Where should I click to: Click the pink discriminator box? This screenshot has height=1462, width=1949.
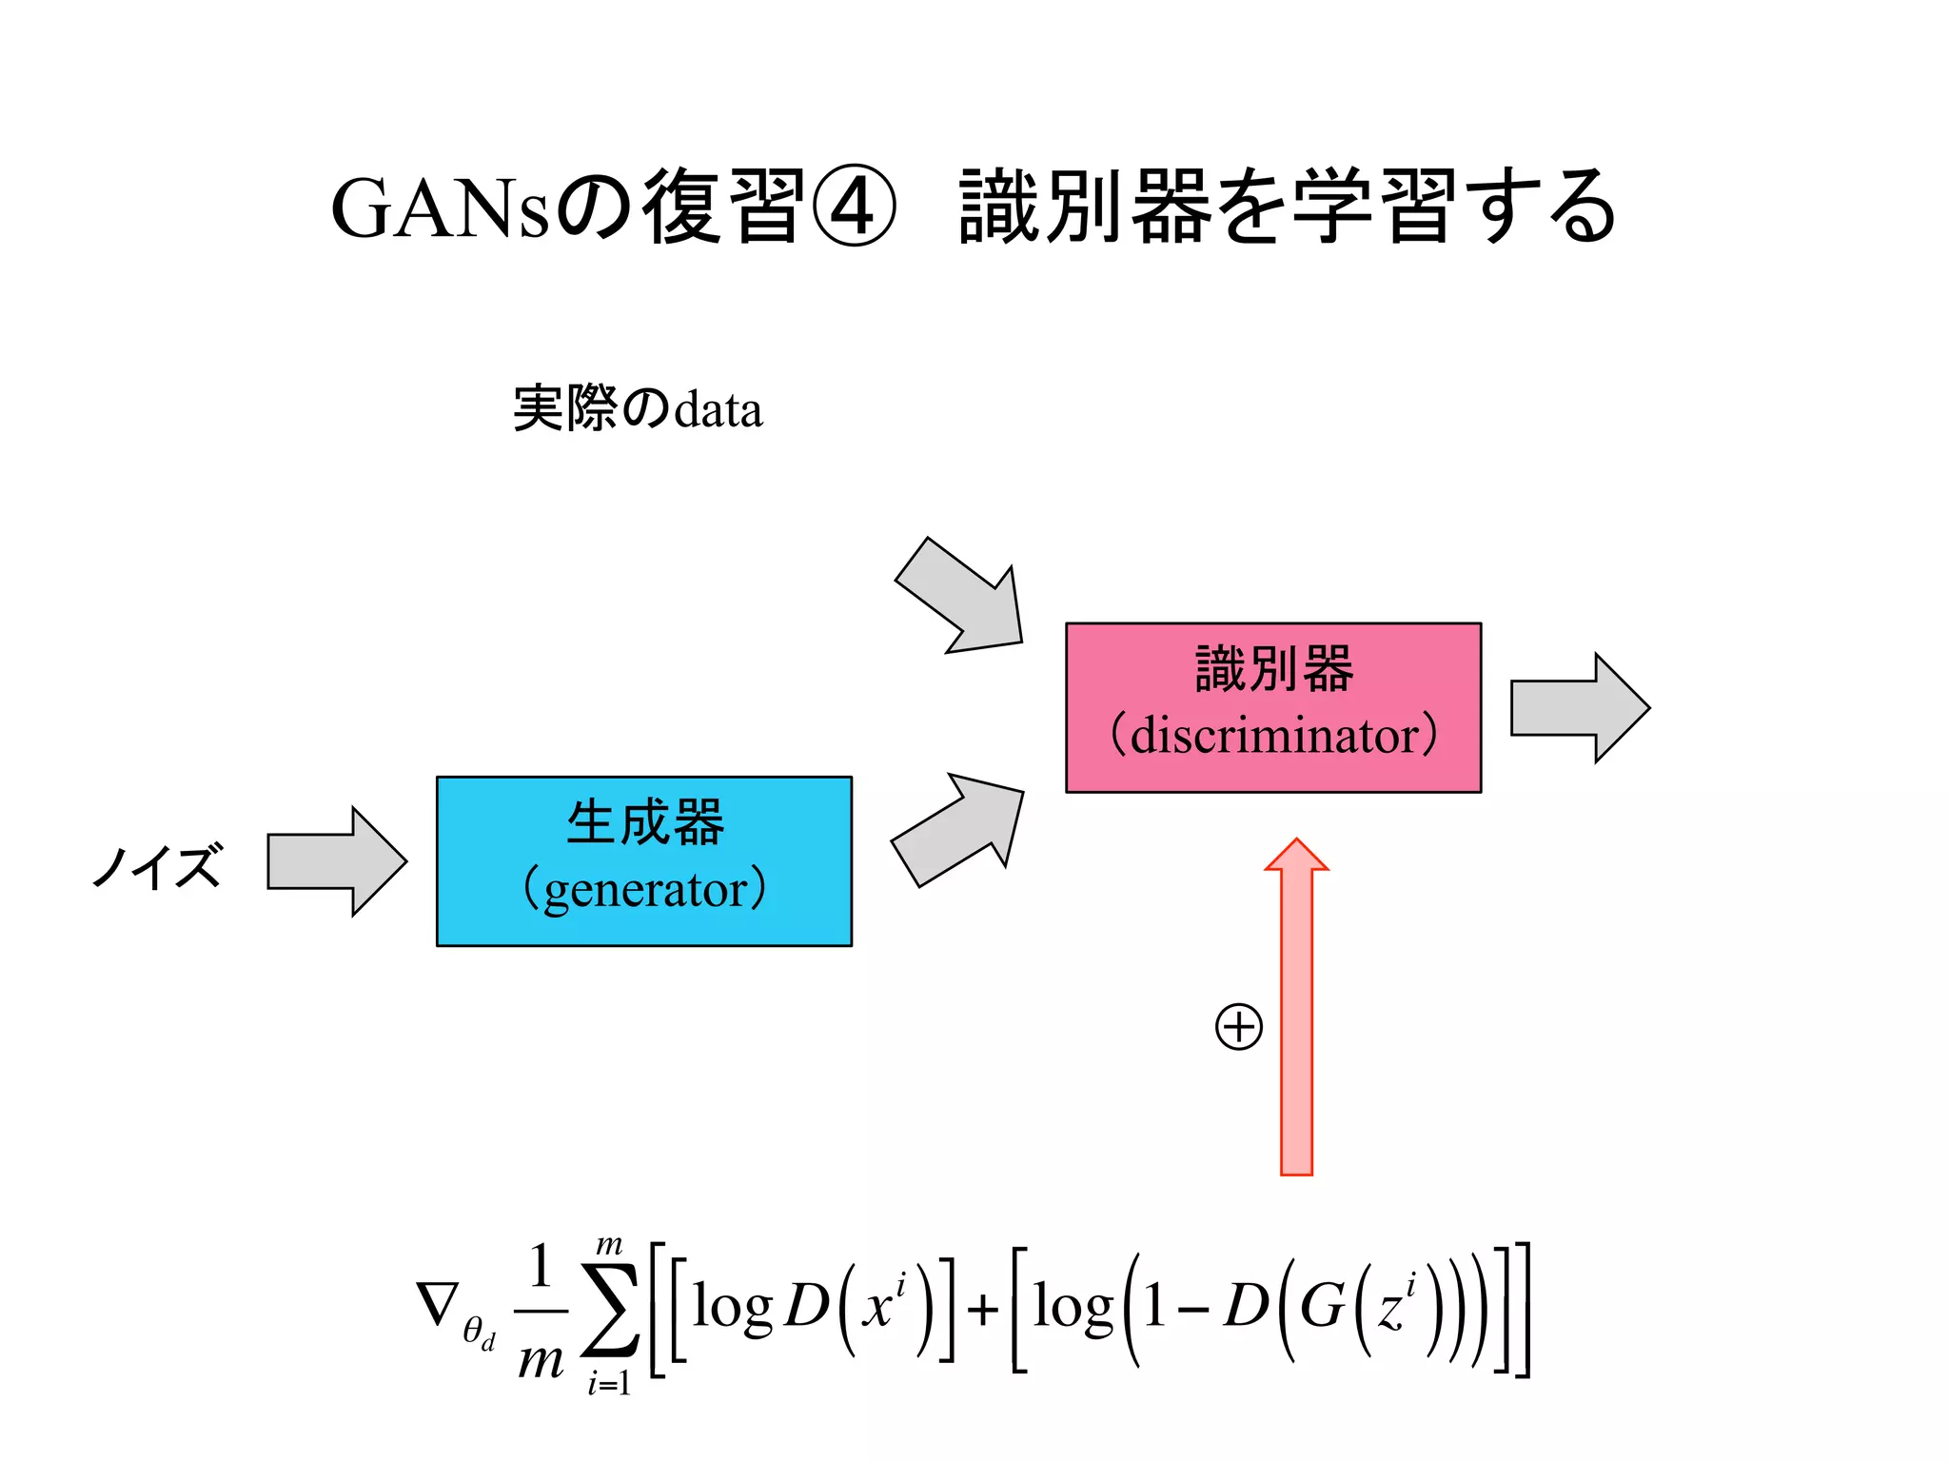point(1272,707)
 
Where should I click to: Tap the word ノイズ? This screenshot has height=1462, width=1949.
point(157,865)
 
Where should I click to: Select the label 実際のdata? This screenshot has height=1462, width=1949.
point(637,409)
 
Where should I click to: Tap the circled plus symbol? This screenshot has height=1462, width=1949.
point(1239,1027)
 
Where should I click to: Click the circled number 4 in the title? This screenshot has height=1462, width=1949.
point(854,207)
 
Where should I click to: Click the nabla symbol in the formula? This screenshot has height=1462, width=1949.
point(437,1304)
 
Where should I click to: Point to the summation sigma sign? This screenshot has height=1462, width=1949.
point(610,1309)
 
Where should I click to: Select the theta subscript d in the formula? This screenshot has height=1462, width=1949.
point(479,1333)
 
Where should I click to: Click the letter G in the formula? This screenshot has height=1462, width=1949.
point(1321,1306)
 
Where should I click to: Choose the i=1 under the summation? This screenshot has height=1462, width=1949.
point(609,1383)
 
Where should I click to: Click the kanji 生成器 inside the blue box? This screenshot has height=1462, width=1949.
point(644,823)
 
